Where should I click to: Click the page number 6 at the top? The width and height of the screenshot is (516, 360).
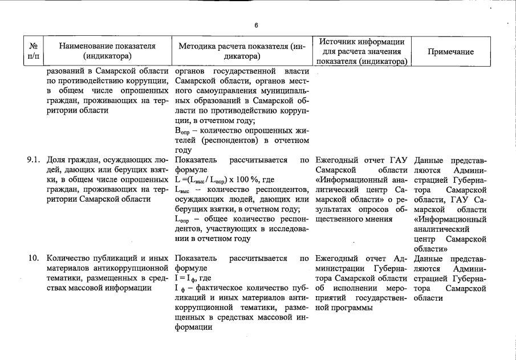tap(257, 25)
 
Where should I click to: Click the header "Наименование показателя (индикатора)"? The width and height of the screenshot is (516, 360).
tap(107, 51)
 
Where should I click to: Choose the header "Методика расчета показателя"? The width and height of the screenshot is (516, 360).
tap(243, 51)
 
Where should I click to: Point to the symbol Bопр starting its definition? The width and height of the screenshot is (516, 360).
tap(181, 131)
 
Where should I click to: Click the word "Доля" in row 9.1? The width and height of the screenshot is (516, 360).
tap(56, 161)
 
